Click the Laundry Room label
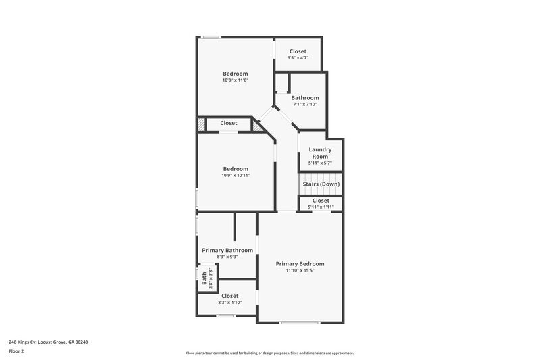(320, 153)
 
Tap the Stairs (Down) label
(321, 184)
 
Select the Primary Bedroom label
(300, 263)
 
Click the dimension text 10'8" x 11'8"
(235, 80)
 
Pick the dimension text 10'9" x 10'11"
(236, 176)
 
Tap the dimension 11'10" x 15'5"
(300, 270)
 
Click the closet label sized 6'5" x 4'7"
(298, 51)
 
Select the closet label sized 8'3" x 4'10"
(230, 296)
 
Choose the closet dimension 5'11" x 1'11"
(321, 207)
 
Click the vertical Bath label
(204, 278)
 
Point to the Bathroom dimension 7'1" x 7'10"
(304, 104)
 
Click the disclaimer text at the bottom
(269, 353)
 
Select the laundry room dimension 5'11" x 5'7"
(320, 163)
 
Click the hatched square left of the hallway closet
(200, 124)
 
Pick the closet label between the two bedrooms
(228, 123)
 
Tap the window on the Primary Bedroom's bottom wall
(300, 322)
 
